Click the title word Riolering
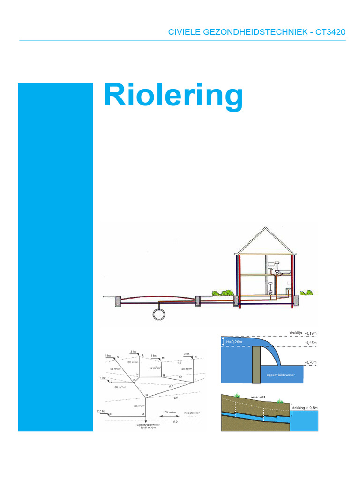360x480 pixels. (173, 96)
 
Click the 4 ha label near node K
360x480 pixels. (108, 355)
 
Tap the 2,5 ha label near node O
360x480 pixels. (102, 411)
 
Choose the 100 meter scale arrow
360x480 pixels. (169, 417)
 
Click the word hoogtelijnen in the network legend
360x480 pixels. (192, 412)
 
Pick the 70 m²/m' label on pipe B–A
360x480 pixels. (139, 406)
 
